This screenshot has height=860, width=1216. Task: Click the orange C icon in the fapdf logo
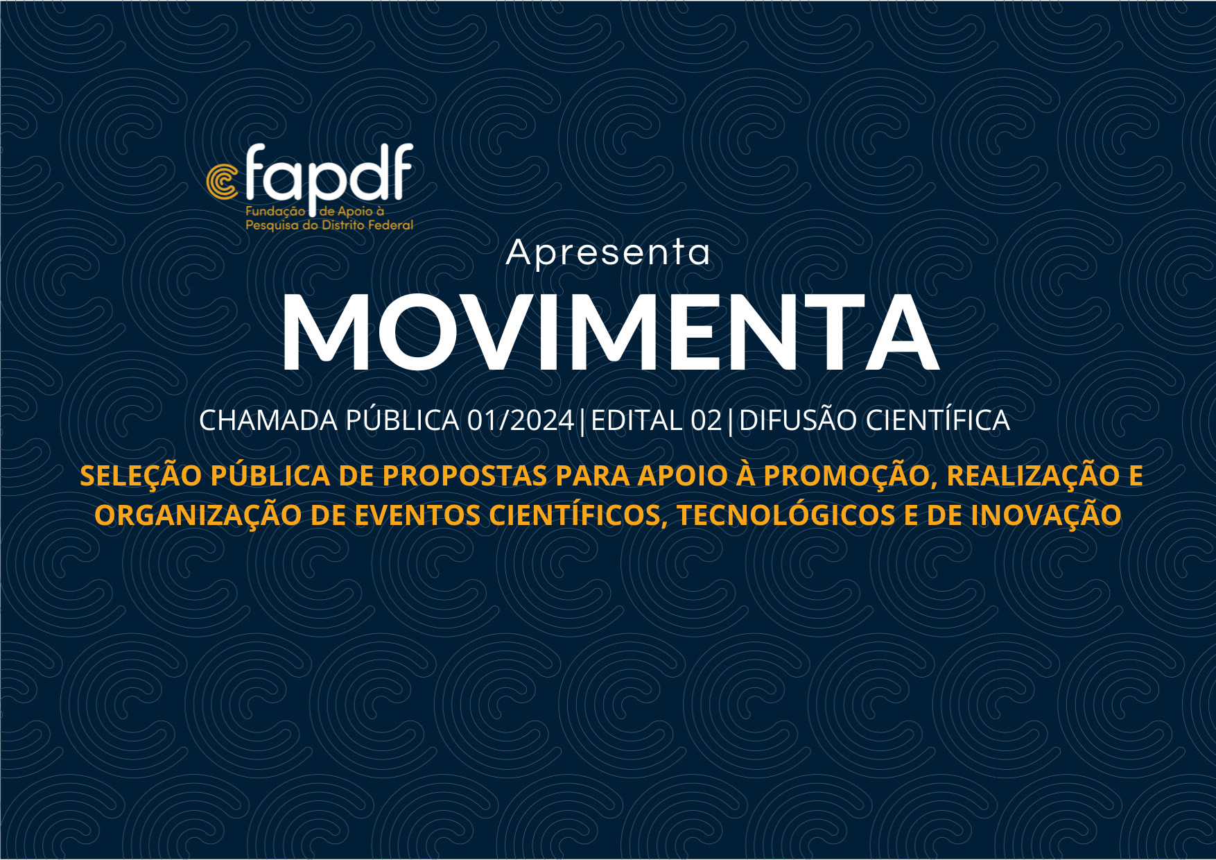[x=220, y=182]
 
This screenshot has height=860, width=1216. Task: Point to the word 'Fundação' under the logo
[x=275, y=212]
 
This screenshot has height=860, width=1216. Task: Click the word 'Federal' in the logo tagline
[x=390, y=225]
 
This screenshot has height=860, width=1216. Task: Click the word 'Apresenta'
[x=608, y=253]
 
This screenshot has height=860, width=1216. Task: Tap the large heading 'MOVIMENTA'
[x=609, y=333]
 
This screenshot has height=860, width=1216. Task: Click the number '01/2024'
[x=521, y=421]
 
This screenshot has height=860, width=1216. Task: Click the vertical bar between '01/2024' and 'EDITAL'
[x=582, y=422]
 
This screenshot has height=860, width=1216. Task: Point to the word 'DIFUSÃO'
[x=798, y=420]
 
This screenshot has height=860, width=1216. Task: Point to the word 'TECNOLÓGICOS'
[x=786, y=515]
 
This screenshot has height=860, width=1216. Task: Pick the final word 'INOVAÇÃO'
[x=1046, y=515]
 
